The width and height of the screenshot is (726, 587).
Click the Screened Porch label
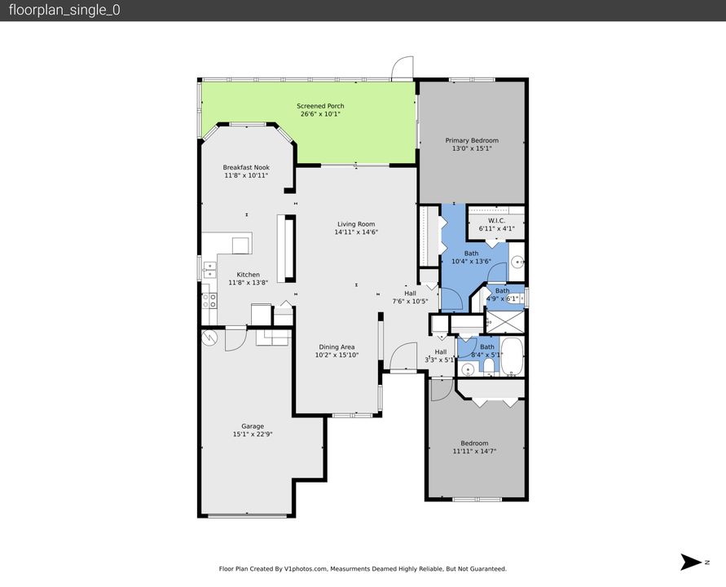(x=320, y=106)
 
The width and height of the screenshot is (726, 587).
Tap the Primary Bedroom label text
(x=472, y=140)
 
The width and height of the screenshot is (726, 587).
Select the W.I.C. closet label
(x=497, y=220)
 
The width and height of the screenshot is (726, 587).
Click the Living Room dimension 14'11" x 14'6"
(x=356, y=232)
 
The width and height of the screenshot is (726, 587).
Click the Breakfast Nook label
(x=245, y=167)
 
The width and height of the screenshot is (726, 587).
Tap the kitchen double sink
(x=209, y=266)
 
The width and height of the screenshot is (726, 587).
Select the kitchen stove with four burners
(x=210, y=304)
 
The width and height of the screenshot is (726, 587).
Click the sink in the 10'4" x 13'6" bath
(x=517, y=263)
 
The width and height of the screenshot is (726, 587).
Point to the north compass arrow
(x=692, y=562)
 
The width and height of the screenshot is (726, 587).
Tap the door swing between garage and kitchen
(x=235, y=338)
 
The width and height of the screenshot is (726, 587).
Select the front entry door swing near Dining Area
(x=403, y=357)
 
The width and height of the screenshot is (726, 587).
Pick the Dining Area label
(x=336, y=346)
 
